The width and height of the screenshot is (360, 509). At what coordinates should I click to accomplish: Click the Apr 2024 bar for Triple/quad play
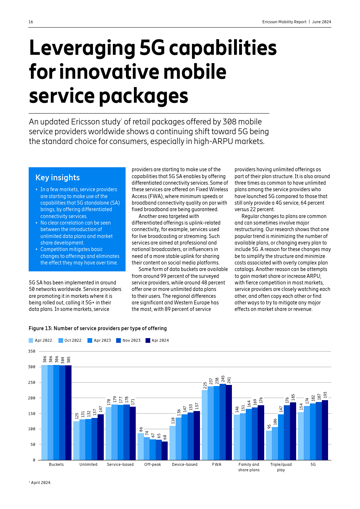pyautogui.click(x=293, y=431)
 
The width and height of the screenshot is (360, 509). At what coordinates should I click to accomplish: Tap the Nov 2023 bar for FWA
pyautogui.click(x=223, y=422)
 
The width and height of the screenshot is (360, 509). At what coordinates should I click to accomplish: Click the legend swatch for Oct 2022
pyautogui.click(x=61, y=341)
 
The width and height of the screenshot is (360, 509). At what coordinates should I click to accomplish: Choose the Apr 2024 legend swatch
pyautogui.click(x=148, y=341)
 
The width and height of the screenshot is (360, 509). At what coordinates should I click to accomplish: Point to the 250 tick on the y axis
pyautogui.click(x=32, y=382)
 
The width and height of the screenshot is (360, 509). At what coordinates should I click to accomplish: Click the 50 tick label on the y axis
pyautogui.click(x=33, y=444)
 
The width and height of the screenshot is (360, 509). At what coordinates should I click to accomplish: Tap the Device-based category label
pyautogui.click(x=185, y=464)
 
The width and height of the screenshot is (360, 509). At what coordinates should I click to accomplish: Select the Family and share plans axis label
pyautogui.click(x=249, y=467)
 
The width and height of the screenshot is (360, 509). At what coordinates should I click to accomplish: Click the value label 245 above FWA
pyautogui.click(x=223, y=379)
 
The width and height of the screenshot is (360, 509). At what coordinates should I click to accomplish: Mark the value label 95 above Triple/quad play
pyautogui.click(x=269, y=427)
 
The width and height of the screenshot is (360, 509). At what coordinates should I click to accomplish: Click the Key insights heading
pyautogui.click(x=57, y=177)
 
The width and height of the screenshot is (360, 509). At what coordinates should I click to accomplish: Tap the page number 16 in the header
pyautogui.click(x=31, y=22)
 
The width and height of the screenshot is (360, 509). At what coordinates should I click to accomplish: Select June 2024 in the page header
pyautogui.click(x=322, y=22)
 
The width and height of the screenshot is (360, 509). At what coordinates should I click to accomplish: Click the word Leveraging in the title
pyautogui.click(x=82, y=48)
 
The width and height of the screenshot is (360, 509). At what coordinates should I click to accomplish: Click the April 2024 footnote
pyautogui.click(x=41, y=483)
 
